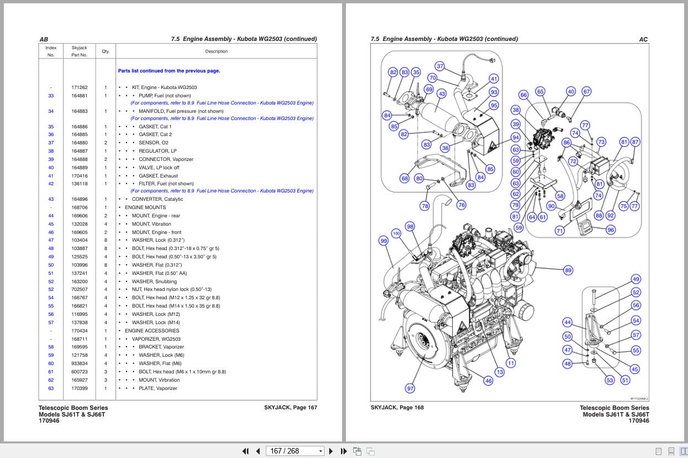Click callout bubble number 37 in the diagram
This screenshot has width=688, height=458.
(440, 66)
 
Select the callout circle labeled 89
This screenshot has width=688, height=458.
(568, 270)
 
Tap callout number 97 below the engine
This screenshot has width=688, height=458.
(410, 388)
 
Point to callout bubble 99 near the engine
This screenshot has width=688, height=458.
(384, 241)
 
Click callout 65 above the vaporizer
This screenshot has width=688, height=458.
(540, 91)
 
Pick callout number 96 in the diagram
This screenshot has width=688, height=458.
(611, 230)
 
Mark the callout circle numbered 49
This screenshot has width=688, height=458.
(636, 279)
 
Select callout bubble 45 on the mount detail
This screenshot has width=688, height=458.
(634, 369)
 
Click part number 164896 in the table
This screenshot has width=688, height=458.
(80, 199)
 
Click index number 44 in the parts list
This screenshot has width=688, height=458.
(51, 216)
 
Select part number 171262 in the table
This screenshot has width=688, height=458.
(80, 87)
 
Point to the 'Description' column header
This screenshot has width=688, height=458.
(216, 51)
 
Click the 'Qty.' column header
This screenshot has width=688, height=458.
(106, 51)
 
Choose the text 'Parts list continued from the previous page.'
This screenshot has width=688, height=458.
(169, 71)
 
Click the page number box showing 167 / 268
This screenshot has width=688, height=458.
(295, 451)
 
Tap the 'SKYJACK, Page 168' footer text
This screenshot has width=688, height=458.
(397, 408)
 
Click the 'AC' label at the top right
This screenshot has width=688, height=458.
(643, 39)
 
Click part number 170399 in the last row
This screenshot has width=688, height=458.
(80, 388)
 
